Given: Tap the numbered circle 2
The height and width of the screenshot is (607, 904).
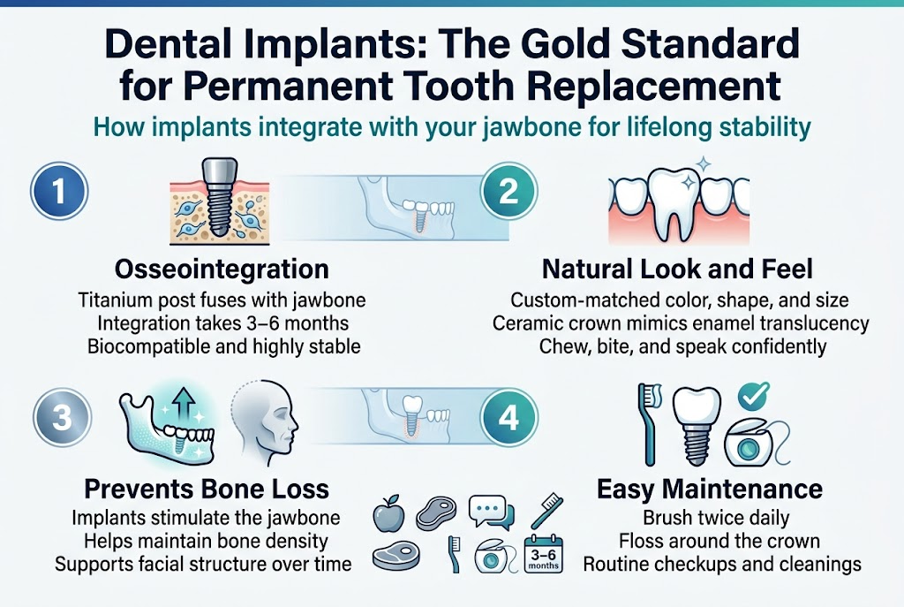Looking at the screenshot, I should pos(508,193).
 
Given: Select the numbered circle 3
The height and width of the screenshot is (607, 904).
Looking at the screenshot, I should pos(60,416).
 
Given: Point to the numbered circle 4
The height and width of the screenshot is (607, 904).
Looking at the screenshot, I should pos(509,417).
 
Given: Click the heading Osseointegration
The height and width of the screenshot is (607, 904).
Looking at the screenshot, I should pos(222,269).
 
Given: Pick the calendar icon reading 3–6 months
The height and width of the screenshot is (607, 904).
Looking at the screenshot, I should pos(543,556).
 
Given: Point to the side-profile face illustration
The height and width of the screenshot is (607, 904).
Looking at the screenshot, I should pos(267,422).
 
